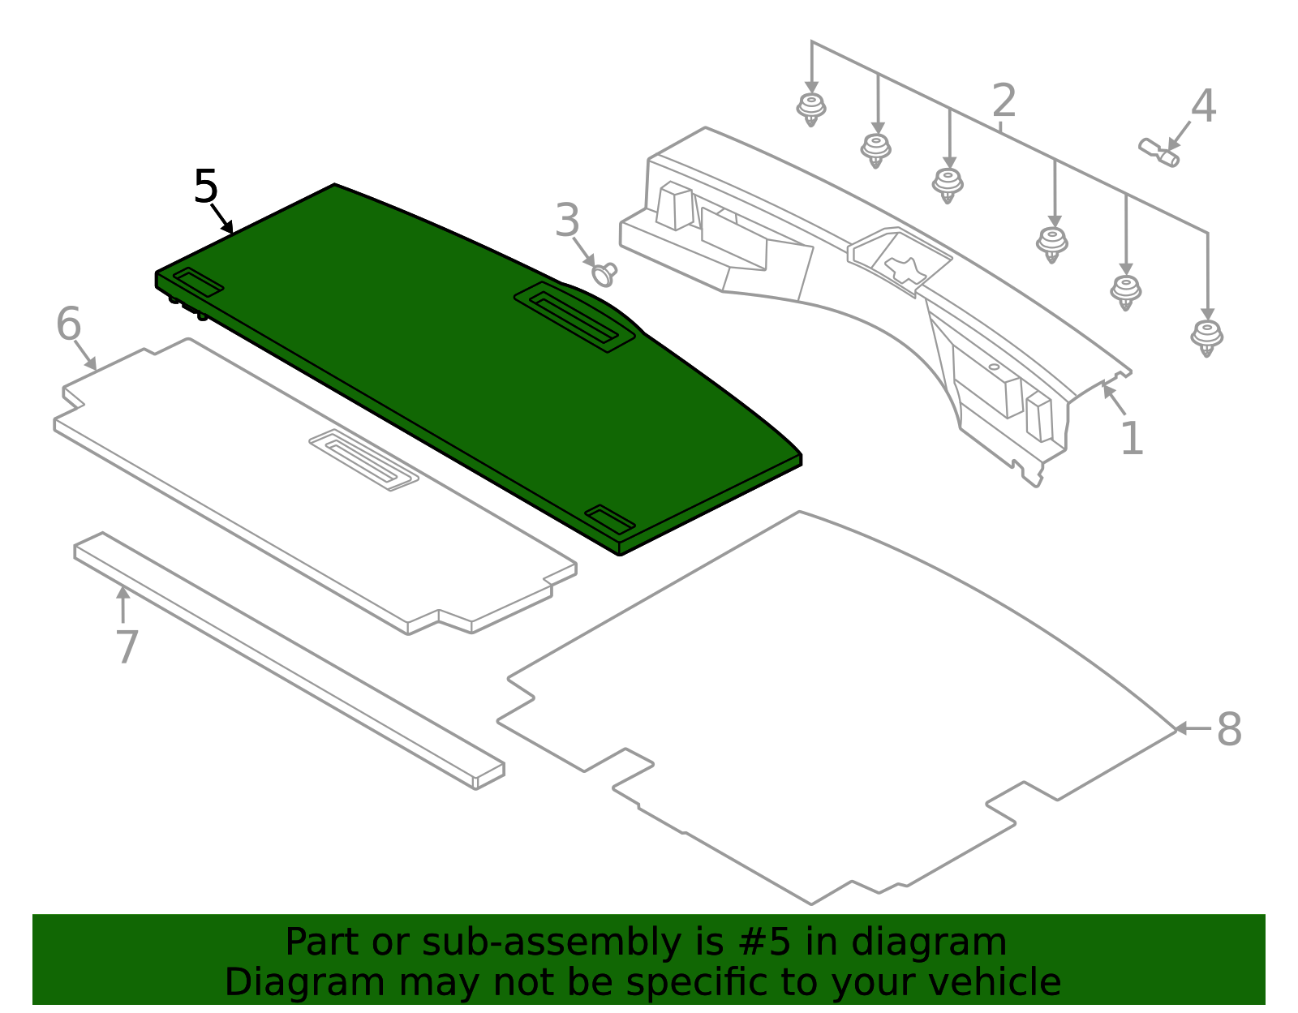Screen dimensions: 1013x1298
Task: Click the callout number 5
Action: click(x=206, y=187)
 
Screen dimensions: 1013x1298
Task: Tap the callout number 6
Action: click(x=69, y=324)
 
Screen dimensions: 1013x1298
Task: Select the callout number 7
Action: click(x=127, y=647)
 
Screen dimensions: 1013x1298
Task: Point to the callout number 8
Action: click(x=1229, y=729)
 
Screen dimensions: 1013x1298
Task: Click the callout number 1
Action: click(x=1132, y=439)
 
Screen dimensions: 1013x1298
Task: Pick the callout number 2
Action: click(x=1004, y=101)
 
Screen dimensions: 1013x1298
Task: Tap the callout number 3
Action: click(x=567, y=220)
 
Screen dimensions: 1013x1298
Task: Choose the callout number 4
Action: click(x=1203, y=106)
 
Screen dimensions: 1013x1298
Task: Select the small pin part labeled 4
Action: click(x=1159, y=152)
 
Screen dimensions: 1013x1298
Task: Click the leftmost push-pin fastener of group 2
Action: click(x=810, y=109)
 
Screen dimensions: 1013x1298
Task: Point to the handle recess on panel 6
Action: click(x=363, y=460)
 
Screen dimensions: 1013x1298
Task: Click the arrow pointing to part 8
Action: click(x=1193, y=728)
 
